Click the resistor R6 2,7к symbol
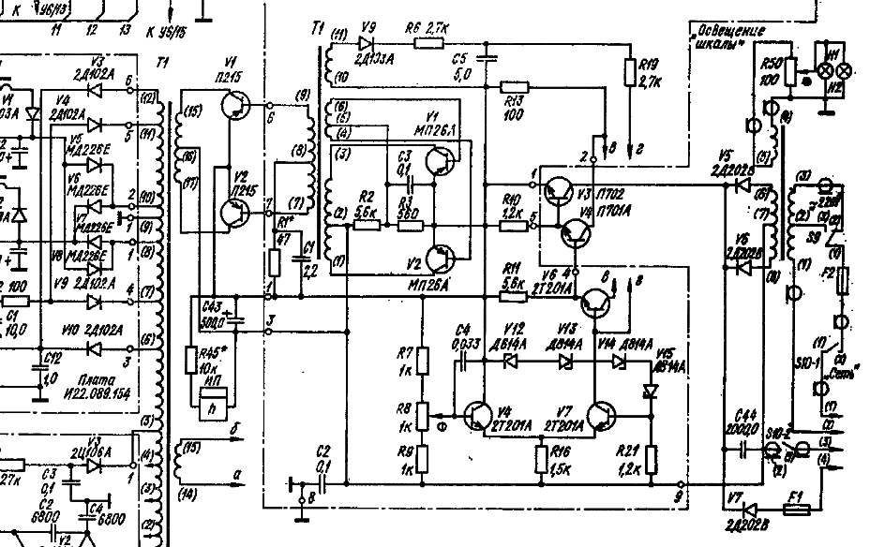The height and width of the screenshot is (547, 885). tap(429, 43)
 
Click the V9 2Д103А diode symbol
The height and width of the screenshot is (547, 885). tap(366, 43)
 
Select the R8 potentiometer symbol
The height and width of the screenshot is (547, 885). tap(423, 412)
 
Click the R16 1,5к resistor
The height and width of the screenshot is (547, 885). tap(542, 459)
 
